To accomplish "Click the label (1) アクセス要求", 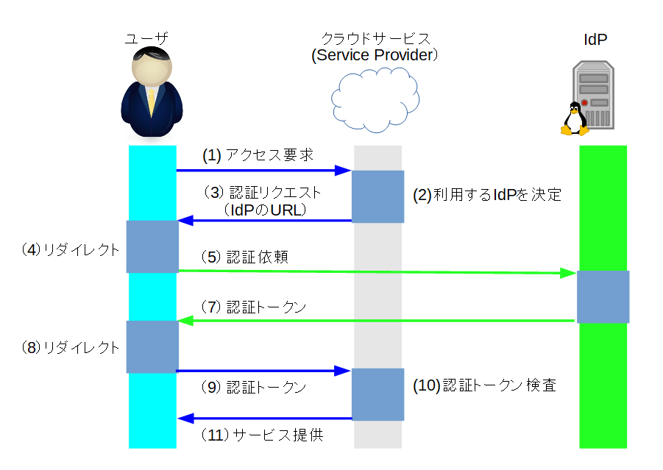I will (x=258, y=156).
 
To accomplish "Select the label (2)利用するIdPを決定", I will (x=486, y=195).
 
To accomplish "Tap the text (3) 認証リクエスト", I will (x=262, y=193).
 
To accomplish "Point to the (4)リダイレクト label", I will (x=70, y=249).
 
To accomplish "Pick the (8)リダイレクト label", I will (x=70, y=348).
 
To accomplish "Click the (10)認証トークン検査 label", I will (x=483, y=385).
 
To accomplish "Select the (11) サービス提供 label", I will (x=262, y=435).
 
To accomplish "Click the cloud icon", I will (x=375, y=99).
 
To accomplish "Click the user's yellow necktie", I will (x=152, y=101).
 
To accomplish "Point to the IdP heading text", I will (x=595, y=40).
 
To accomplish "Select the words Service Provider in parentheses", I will (x=375, y=56).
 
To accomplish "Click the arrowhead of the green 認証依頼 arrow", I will (x=567, y=274).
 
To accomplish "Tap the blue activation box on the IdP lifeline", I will (x=603, y=296).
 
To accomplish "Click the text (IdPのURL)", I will (x=265, y=210).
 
